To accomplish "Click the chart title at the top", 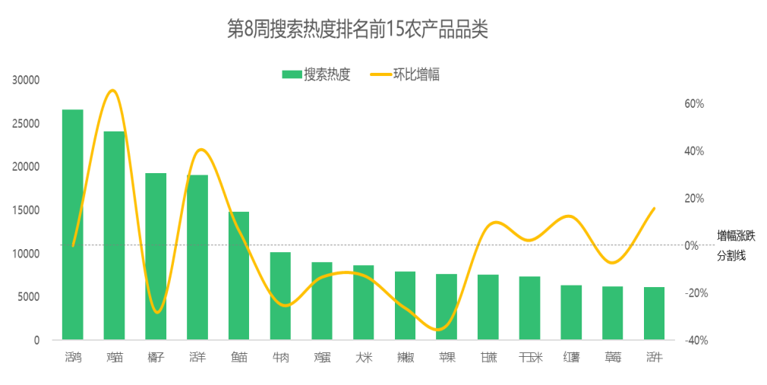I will pyautogui.click(x=357, y=30).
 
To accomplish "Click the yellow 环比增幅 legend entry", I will pyautogui.click(x=406, y=74).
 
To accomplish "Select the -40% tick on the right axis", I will pyautogui.click(x=695, y=340).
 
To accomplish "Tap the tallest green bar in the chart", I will pyautogui.click(x=73, y=224).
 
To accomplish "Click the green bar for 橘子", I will pyautogui.click(x=156, y=256).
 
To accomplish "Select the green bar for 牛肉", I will pyautogui.click(x=280, y=296).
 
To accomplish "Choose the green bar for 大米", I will pyautogui.click(x=364, y=302).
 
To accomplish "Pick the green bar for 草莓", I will pyautogui.click(x=613, y=313).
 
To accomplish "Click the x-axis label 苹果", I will pyautogui.click(x=447, y=357).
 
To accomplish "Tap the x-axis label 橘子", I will pyautogui.click(x=156, y=357).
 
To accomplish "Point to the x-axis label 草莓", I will pyautogui.click(x=613, y=357).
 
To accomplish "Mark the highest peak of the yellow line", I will pyautogui.click(x=113, y=90).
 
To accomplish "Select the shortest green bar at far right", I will pyautogui.click(x=654, y=313).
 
